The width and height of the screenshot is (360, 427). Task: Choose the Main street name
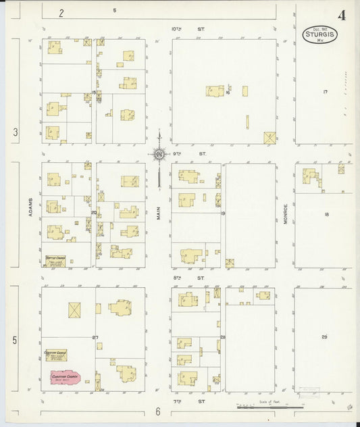pyautogui.click(x=159, y=214)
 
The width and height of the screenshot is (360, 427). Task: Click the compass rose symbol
pyautogui.click(x=159, y=155)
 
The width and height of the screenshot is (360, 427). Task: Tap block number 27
pyautogui.click(x=95, y=336)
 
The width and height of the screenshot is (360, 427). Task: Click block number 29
pyautogui.click(x=324, y=336)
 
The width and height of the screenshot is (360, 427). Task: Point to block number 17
pyautogui.click(x=325, y=91)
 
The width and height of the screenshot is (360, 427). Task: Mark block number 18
pyautogui.click(x=326, y=214)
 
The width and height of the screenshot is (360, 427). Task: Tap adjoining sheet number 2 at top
pyautogui.click(x=61, y=12)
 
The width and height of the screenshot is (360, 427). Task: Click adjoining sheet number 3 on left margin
pyautogui.click(x=15, y=132)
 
